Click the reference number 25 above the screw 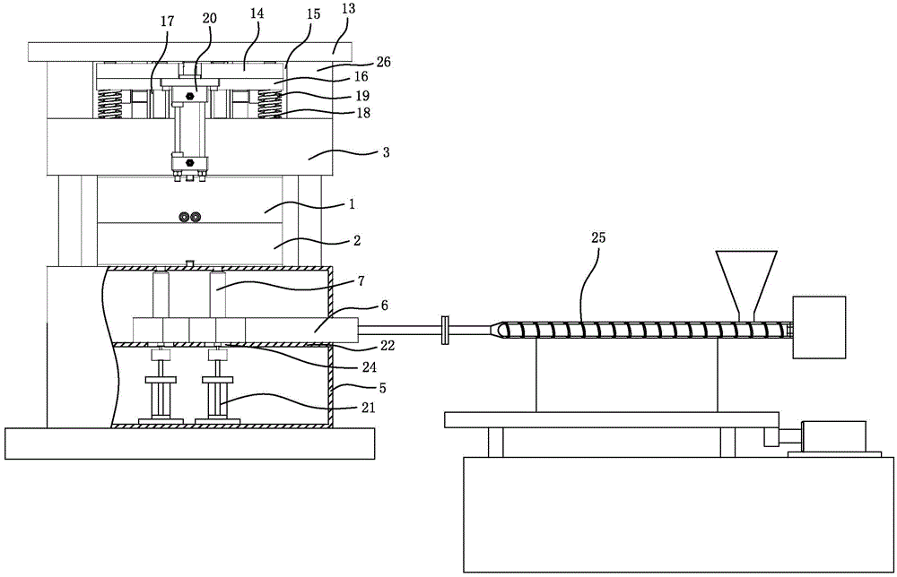597,237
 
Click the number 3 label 386,152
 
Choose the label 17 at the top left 167,22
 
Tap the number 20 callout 209,18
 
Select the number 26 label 383,61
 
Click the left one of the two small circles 184,217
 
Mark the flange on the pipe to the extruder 445,331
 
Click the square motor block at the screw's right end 819,327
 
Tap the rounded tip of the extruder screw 499,331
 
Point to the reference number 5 383,388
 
